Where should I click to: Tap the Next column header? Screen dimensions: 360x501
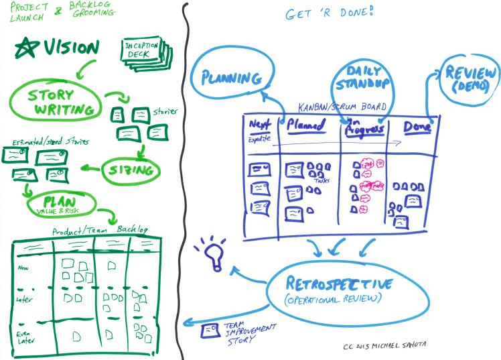point(259,125)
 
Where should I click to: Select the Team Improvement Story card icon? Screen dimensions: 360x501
point(211,330)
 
